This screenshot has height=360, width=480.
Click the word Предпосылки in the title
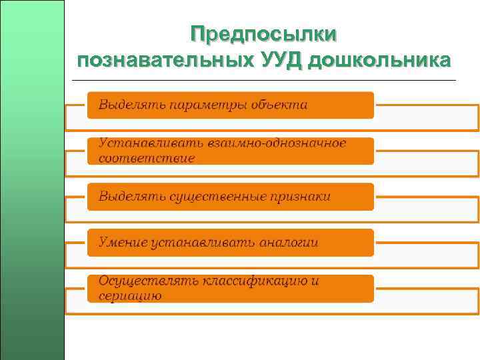point(263,34)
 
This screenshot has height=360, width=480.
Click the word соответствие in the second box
point(147,159)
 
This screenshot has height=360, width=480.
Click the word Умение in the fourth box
point(121,243)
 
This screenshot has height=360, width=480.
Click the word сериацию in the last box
point(130,296)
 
